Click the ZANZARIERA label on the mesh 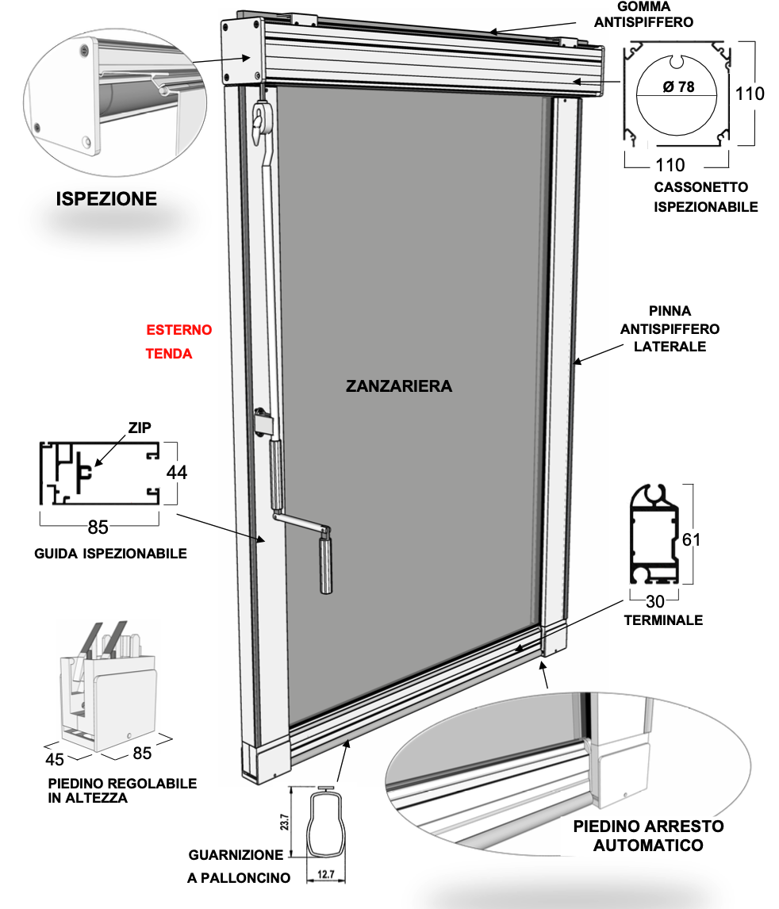(399, 386)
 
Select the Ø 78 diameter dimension (678, 87)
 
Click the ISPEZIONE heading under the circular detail (106, 199)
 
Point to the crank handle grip (325, 563)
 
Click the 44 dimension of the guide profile (177, 472)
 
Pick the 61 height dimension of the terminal (692, 540)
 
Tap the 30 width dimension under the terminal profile (655, 602)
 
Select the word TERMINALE (663, 620)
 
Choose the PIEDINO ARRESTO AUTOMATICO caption (648, 835)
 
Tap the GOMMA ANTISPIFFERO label (643, 14)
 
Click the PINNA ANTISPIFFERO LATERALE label (670, 328)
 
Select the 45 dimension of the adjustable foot (55, 759)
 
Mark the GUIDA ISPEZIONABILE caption (111, 554)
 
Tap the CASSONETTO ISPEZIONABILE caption (705, 198)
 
